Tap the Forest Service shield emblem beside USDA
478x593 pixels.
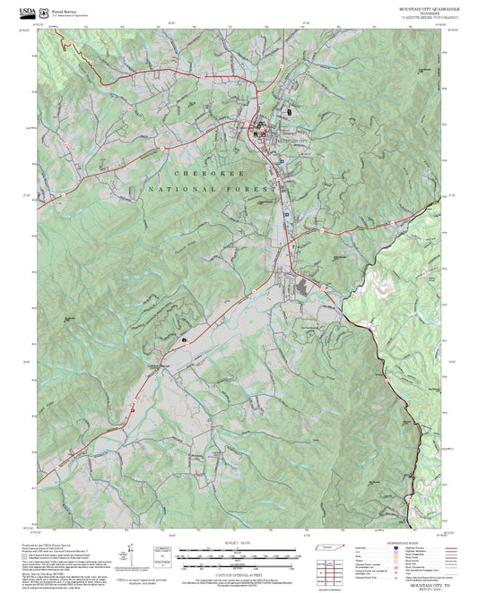(x=45, y=8)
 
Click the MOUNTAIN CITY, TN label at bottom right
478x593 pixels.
(x=426, y=536)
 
